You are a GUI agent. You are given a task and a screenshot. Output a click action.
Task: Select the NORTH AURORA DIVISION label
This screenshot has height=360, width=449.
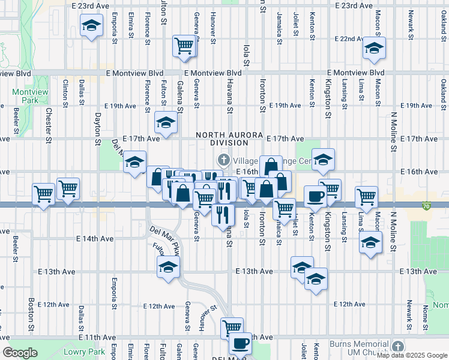click(x=221, y=139)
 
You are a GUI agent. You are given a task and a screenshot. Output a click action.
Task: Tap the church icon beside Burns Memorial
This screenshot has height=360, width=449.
click(x=397, y=346)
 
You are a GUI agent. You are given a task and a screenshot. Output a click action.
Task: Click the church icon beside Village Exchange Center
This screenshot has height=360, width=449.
click(x=223, y=160)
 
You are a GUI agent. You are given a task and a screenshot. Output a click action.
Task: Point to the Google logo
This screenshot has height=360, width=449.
click(x=19, y=353)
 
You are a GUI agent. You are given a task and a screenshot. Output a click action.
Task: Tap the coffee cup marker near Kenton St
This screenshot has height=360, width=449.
click(x=316, y=196)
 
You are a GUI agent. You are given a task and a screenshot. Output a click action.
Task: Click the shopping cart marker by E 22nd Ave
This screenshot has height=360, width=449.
click(x=184, y=45)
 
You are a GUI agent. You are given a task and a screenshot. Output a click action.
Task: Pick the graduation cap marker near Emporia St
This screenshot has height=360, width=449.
click(x=91, y=26)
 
